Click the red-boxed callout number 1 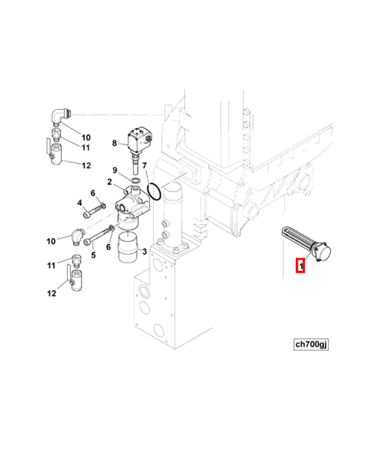(x=300, y=265)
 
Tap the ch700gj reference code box (x=311, y=344)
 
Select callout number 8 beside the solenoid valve (x=114, y=143)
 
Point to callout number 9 (x=115, y=170)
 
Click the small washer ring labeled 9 (x=136, y=180)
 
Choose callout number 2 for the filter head (x=109, y=182)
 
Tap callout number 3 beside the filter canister (x=144, y=252)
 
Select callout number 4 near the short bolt (x=79, y=203)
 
